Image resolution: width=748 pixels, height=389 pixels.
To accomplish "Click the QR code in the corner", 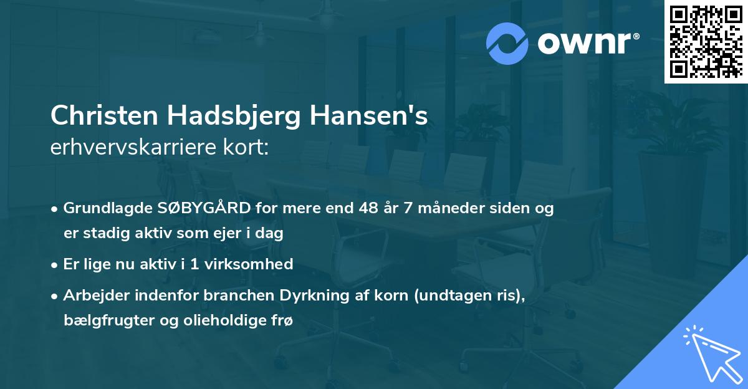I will pos(706,42).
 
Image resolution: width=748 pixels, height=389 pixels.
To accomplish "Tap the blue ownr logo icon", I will pos(507,42).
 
